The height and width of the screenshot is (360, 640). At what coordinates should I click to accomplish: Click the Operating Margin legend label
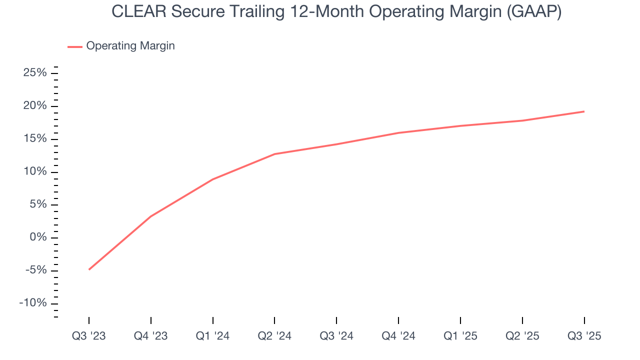(x=130, y=46)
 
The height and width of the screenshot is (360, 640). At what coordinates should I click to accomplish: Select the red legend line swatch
(x=75, y=46)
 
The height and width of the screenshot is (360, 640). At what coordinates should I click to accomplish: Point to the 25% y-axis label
(x=35, y=73)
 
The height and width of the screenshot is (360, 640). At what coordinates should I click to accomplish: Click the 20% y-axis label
(x=35, y=106)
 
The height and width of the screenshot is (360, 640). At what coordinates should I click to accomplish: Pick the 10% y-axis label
(x=35, y=171)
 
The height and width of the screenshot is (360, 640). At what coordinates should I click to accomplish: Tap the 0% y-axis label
(x=38, y=237)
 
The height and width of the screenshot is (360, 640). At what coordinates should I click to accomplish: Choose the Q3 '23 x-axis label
(x=89, y=336)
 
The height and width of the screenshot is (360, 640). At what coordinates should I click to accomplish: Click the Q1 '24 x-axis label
(x=213, y=336)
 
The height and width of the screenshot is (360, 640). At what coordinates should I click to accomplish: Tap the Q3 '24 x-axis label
(x=336, y=336)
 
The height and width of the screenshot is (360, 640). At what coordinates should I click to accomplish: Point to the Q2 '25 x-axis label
(x=522, y=336)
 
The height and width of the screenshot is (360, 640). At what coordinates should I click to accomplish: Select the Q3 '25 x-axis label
(x=584, y=336)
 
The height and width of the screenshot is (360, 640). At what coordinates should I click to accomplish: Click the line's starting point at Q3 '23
(x=89, y=269)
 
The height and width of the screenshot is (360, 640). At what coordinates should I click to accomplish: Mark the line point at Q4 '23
(x=151, y=216)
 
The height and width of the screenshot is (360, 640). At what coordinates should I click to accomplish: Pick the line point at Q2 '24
(x=274, y=154)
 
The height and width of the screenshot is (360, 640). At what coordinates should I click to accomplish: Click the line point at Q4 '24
(x=398, y=133)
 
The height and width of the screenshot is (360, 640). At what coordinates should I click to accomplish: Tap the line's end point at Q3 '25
(x=584, y=111)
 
